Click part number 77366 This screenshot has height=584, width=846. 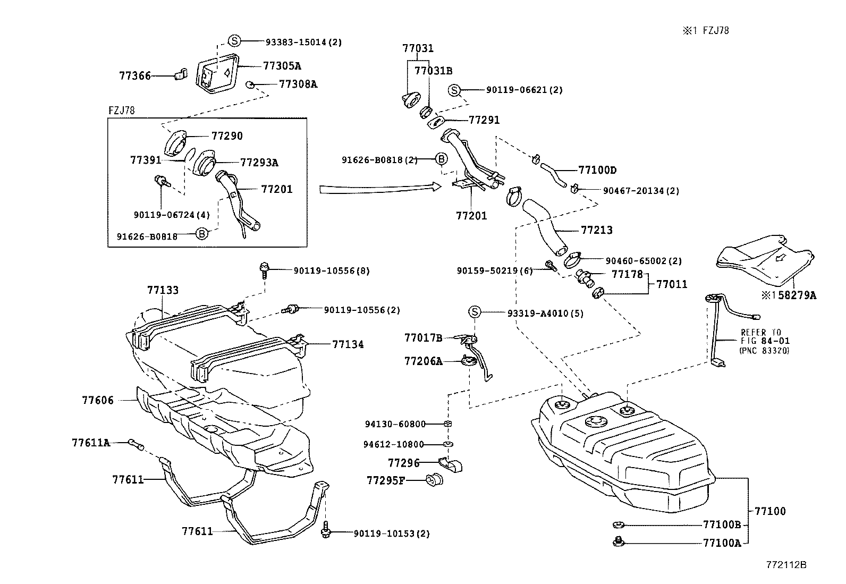click(134, 76)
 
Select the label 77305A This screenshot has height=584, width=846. click(282, 66)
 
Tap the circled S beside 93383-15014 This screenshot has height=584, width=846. click(234, 41)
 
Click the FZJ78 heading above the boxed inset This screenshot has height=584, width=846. click(121, 111)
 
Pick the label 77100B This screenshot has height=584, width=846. click(721, 525)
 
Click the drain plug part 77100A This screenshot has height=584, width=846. click(618, 542)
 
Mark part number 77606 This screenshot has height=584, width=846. click(98, 400)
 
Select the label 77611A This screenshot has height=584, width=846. click(90, 442)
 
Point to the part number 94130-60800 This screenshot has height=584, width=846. click(395, 424)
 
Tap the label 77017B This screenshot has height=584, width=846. click(422, 338)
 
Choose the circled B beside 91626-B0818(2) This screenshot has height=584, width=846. click(441, 159)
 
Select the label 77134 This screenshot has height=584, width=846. click(348, 344)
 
